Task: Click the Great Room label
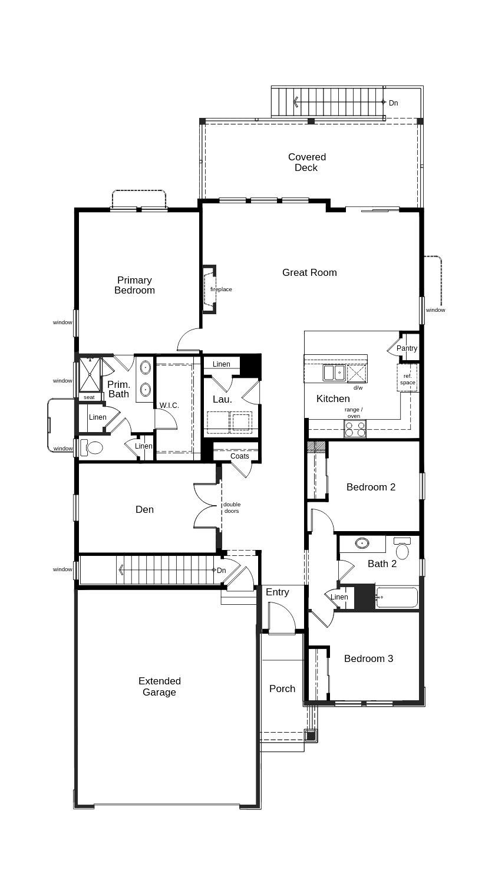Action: pyautogui.click(x=309, y=272)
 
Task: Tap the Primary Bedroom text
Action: pyautogui.click(x=134, y=285)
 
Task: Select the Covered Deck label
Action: pyautogui.click(x=306, y=162)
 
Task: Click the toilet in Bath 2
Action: pyautogui.click(x=402, y=548)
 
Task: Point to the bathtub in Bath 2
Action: pyautogui.click(x=397, y=597)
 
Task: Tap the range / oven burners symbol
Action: pyautogui.click(x=355, y=429)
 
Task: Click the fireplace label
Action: pyautogui.click(x=221, y=289)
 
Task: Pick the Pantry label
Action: pyautogui.click(x=407, y=348)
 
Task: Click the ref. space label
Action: pyautogui.click(x=407, y=379)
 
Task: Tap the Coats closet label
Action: pyautogui.click(x=239, y=456)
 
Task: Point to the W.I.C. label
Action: pyautogui.click(x=169, y=405)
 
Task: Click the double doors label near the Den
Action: pyautogui.click(x=232, y=508)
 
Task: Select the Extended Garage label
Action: pyautogui.click(x=159, y=686)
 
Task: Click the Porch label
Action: pyautogui.click(x=282, y=689)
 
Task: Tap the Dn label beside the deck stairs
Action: pyautogui.click(x=394, y=103)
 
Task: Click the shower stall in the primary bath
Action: pyautogui.click(x=90, y=375)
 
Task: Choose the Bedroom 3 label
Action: pyautogui.click(x=368, y=658)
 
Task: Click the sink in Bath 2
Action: pyautogui.click(x=362, y=543)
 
